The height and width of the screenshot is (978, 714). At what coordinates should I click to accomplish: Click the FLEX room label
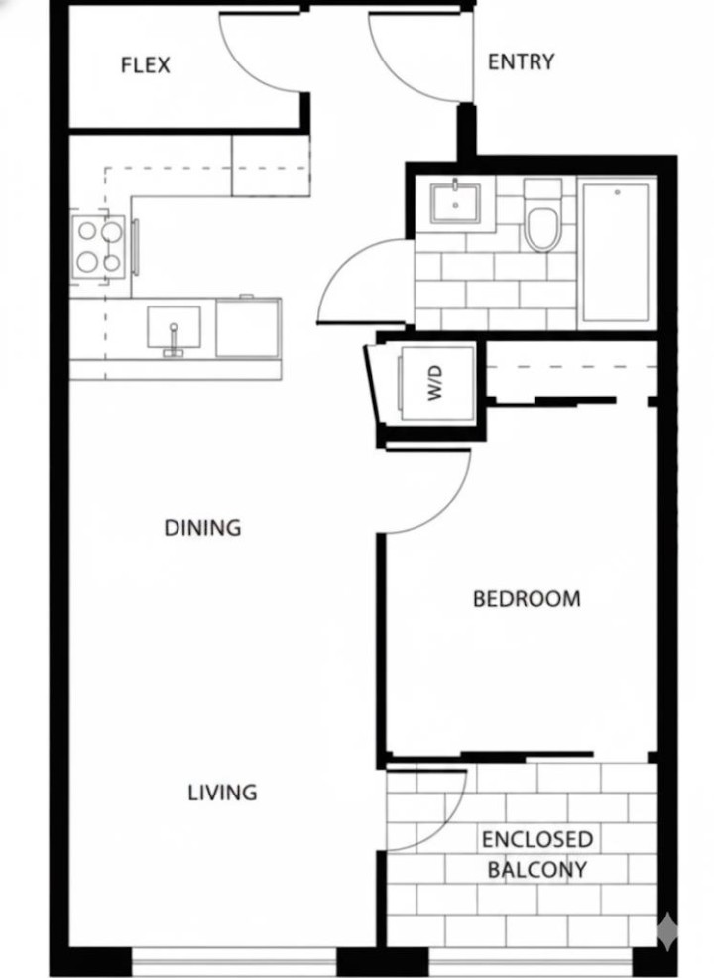tap(145, 65)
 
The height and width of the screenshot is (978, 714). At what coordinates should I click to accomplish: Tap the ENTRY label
tap(521, 61)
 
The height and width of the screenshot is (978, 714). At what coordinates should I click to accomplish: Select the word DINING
tap(202, 527)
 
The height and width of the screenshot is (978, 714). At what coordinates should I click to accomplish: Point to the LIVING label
tap(222, 793)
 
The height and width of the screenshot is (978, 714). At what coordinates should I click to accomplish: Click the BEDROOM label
tap(527, 599)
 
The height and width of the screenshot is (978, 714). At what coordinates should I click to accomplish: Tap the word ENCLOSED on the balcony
tap(537, 840)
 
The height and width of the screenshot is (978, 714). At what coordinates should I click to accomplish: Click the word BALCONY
tap(537, 870)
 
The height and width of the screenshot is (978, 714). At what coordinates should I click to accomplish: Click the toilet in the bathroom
tap(542, 222)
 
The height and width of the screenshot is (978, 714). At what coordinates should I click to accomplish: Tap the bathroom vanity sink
tap(455, 204)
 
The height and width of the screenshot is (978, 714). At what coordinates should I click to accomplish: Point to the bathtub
tap(616, 251)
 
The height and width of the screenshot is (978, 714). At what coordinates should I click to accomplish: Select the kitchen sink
tap(174, 328)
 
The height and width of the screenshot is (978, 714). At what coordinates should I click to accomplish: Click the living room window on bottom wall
tap(233, 960)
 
